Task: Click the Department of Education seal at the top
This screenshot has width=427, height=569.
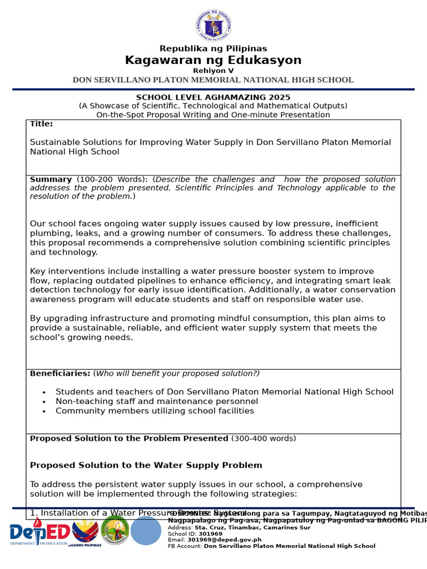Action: tap(213, 26)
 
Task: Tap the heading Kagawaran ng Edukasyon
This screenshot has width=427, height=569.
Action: tap(213, 61)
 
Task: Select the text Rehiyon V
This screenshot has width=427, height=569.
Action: tap(213, 71)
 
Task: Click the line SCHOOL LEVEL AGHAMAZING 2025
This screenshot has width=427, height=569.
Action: tap(213, 97)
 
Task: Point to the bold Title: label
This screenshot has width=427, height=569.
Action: tap(41, 124)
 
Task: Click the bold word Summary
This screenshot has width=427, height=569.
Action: tap(51, 179)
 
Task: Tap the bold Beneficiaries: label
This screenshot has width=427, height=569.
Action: tap(59, 373)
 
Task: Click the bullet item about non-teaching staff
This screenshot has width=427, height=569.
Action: tap(156, 401)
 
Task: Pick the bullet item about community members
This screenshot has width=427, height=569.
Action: tap(155, 411)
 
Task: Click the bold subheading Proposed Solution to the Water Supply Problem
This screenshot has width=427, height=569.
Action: tap(146, 465)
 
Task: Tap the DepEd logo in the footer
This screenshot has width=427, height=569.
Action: tap(39, 533)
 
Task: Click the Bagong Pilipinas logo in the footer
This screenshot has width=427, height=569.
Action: tap(85, 532)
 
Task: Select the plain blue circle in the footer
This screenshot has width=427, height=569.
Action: tap(146, 531)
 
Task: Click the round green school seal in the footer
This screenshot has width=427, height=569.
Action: tap(115, 531)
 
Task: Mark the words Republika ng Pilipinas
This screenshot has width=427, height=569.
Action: tap(213, 49)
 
